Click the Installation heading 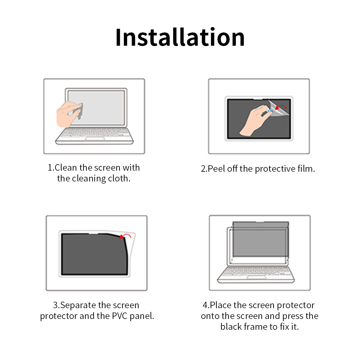180,37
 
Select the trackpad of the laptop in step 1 95,139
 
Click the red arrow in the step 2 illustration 281,107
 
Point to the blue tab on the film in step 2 270,111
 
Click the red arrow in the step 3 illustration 125,236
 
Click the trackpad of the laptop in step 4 256,277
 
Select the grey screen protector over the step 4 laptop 261,239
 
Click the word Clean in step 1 66,168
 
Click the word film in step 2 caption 306,169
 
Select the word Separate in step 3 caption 78,306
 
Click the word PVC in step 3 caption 120,316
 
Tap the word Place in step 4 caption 220,305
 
